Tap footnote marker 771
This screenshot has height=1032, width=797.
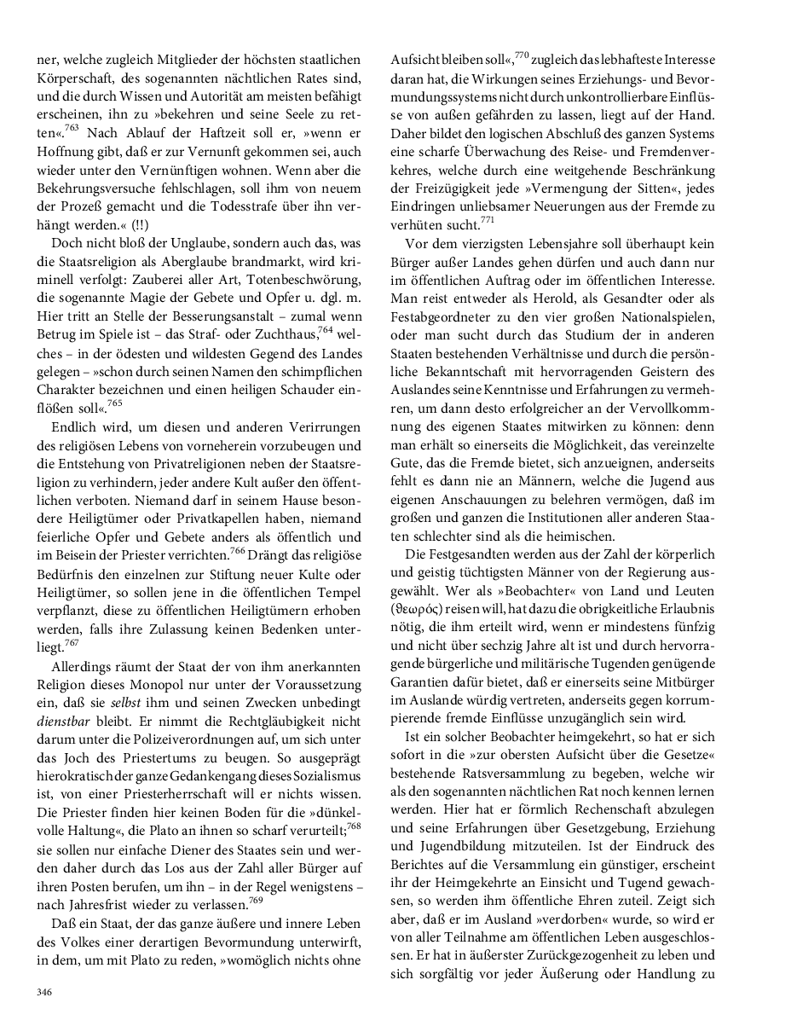(488, 219)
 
